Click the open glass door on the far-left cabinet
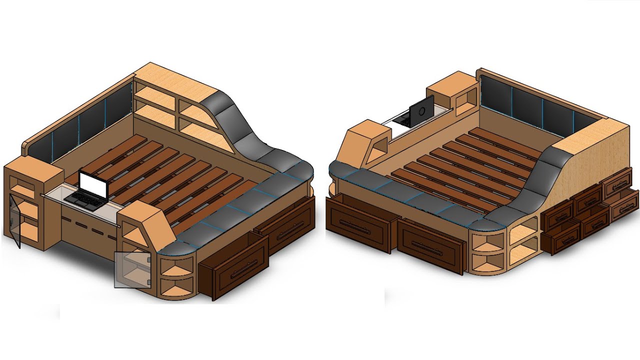(x=15, y=220)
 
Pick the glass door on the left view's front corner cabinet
(x=132, y=269)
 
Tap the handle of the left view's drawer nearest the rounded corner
(x=235, y=272)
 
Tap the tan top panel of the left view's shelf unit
(x=180, y=82)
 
